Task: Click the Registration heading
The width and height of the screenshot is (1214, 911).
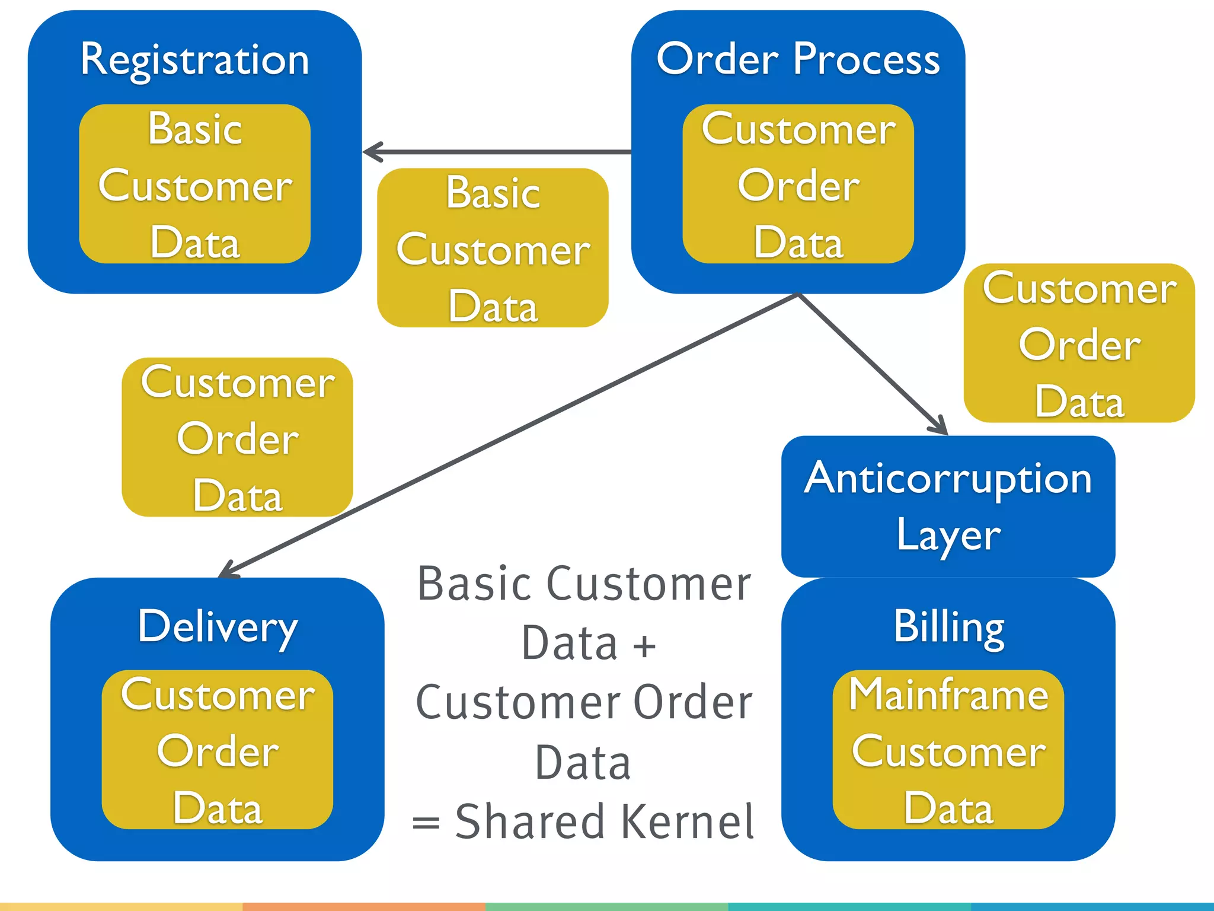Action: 194,60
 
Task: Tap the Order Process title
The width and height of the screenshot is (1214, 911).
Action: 798,60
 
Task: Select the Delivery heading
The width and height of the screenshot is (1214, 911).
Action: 218,627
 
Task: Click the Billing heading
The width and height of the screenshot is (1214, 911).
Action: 948,627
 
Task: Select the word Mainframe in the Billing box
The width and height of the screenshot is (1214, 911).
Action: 948,695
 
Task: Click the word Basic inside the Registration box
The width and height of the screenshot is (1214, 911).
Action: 195,129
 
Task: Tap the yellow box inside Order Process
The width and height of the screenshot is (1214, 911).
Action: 798,184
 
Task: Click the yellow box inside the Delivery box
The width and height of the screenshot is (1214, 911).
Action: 218,750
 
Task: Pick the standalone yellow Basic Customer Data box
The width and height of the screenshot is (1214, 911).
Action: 493,248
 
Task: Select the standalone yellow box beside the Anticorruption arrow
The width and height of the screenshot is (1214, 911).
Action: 1079,343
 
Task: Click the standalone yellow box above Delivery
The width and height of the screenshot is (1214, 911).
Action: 237,437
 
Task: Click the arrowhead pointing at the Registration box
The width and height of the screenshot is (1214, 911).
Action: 370,152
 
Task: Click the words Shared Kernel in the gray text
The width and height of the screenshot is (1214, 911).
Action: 605,822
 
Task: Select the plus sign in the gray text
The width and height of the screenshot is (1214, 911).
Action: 645,646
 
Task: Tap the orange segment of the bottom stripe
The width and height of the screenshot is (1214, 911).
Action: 364,906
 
